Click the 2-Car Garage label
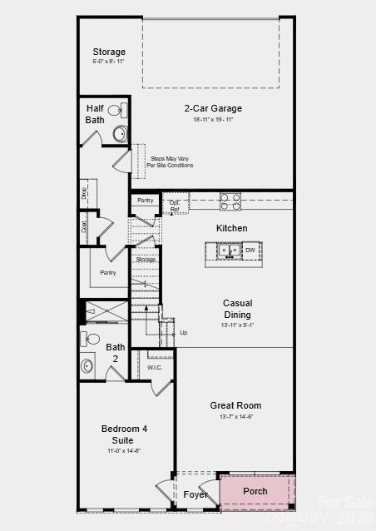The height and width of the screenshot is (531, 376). pyautogui.click(x=213, y=108)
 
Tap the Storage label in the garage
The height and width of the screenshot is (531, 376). pyautogui.click(x=109, y=52)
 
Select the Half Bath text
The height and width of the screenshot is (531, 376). pyautogui.click(x=95, y=114)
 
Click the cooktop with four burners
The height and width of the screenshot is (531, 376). pyautogui.click(x=230, y=201)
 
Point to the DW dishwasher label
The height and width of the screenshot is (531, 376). pyautogui.click(x=250, y=249)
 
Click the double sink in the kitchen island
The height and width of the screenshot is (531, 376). pyautogui.click(x=229, y=249)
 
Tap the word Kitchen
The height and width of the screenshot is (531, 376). pyautogui.click(x=232, y=228)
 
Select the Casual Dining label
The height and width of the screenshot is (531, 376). pyautogui.click(x=237, y=309)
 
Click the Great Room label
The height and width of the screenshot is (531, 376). pyautogui.click(x=235, y=405)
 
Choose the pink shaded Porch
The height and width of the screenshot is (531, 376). pyautogui.click(x=256, y=491)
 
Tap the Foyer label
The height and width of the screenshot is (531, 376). pyautogui.click(x=195, y=494)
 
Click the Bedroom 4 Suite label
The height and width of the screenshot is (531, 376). pyautogui.click(x=124, y=434)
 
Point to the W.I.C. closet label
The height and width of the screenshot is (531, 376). pyautogui.click(x=155, y=367)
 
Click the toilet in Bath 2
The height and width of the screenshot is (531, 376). pyautogui.click(x=91, y=339)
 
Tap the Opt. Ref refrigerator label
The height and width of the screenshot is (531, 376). pyautogui.click(x=175, y=206)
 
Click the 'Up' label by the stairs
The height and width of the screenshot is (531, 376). pyautogui.click(x=184, y=332)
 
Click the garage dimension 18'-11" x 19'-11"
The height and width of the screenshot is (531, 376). pyautogui.click(x=213, y=120)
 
